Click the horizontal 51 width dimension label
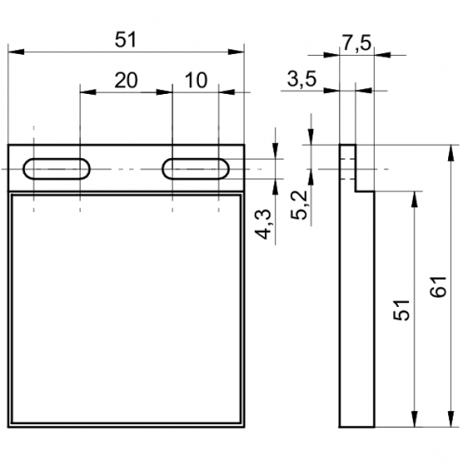click(x=126, y=40)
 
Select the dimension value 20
click(x=126, y=80)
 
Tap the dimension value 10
click(x=196, y=80)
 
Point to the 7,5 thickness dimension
click(x=356, y=43)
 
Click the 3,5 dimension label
click(x=302, y=79)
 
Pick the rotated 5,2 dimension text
click(x=299, y=205)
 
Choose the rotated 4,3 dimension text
click(x=263, y=224)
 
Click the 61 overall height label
click(x=439, y=286)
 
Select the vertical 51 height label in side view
click(x=402, y=310)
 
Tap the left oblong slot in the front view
click(x=57, y=169)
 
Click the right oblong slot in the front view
click(x=195, y=169)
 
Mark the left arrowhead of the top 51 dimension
click(x=16, y=52)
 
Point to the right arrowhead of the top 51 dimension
click(x=236, y=52)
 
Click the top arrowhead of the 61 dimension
click(x=451, y=153)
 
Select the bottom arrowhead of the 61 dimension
click(x=451, y=419)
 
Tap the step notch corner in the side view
click(x=355, y=191)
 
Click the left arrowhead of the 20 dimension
click(x=88, y=92)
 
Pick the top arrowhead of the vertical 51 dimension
click(x=415, y=199)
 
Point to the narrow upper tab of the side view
click(x=348, y=167)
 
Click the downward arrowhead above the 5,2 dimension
click(x=311, y=137)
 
